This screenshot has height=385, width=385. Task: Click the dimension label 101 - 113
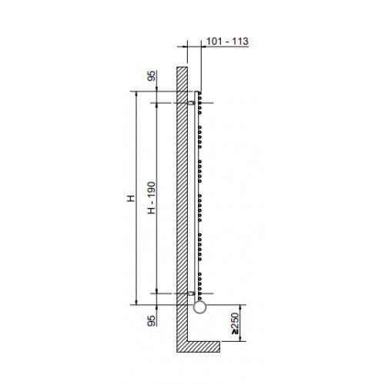pos(227,42)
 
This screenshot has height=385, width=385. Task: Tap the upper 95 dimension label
pos(152,76)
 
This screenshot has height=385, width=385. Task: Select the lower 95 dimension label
pos(152,321)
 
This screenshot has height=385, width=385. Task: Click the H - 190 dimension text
pos(152,198)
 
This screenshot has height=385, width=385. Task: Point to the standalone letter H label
pos(131,198)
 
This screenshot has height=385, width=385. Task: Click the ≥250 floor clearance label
pos(235,323)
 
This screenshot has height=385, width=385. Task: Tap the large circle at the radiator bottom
pos(199,307)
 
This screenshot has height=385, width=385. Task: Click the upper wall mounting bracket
pos(191,103)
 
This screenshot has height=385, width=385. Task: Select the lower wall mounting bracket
pos(191,293)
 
